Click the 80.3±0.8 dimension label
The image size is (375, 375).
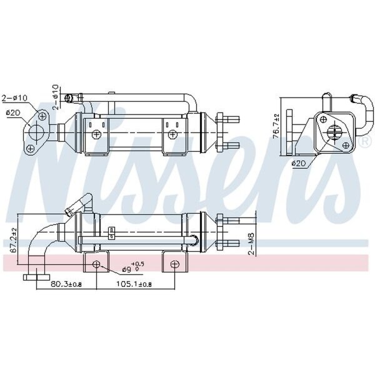click(x=66, y=284)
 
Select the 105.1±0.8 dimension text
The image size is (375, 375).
click(x=134, y=284)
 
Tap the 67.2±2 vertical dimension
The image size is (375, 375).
click(x=14, y=240)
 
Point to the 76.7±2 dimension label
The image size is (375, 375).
click(x=276, y=126)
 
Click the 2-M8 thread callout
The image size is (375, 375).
click(x=252, y=244)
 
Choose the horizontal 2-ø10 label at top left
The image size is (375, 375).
click(x=14, y=98)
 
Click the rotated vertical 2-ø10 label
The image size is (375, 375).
click(x=55, y=97)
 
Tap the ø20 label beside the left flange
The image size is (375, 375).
click(x=14, y=112)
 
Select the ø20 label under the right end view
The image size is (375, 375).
click(x=299, y=164)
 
